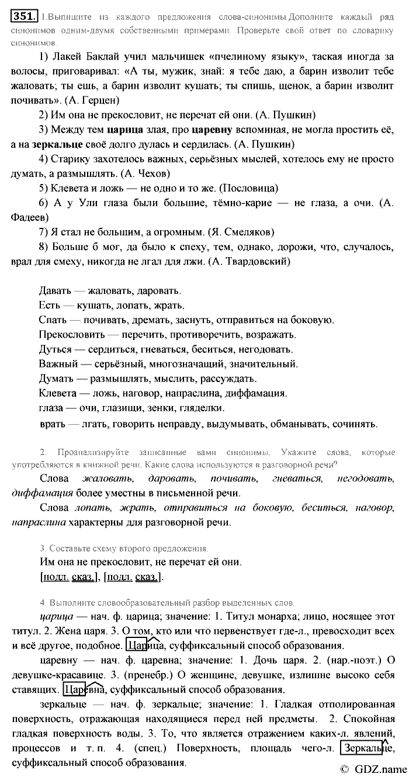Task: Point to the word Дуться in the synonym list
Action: (x=55, y=349)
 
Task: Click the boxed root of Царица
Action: (x=136, y=646)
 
